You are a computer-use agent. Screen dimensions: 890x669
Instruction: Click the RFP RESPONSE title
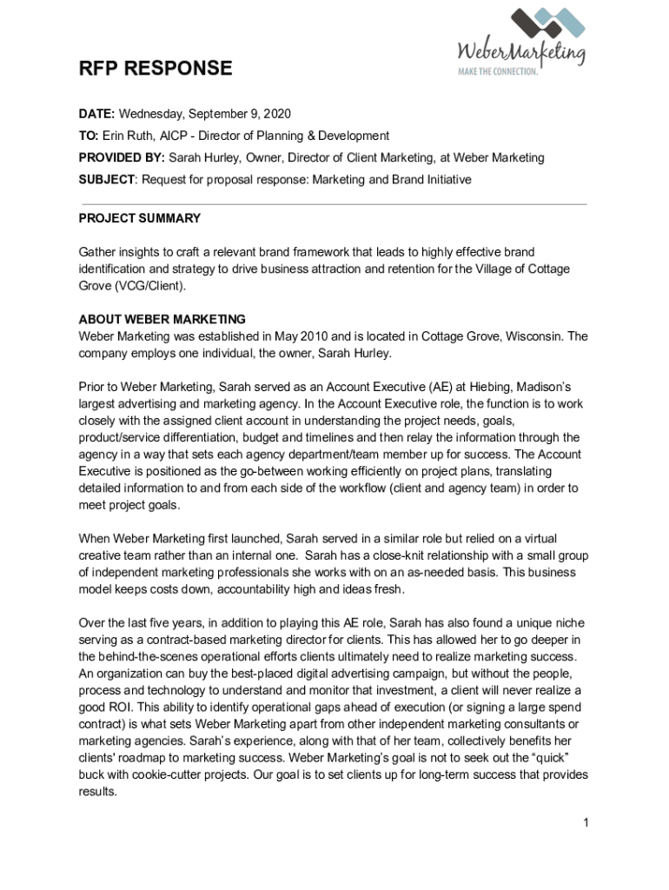[156, 69]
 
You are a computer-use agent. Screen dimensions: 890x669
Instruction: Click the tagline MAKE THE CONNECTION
[499, 71]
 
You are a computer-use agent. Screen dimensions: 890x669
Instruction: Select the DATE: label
[97, 114]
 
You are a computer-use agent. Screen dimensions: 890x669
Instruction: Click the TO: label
[89, 136]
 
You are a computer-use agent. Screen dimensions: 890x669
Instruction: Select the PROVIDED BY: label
[122, 157]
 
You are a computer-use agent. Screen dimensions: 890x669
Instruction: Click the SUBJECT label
[107, 179]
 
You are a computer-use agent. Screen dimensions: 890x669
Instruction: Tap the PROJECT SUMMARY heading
[140, 218]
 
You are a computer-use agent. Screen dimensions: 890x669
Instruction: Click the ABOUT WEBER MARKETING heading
[162, 319]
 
